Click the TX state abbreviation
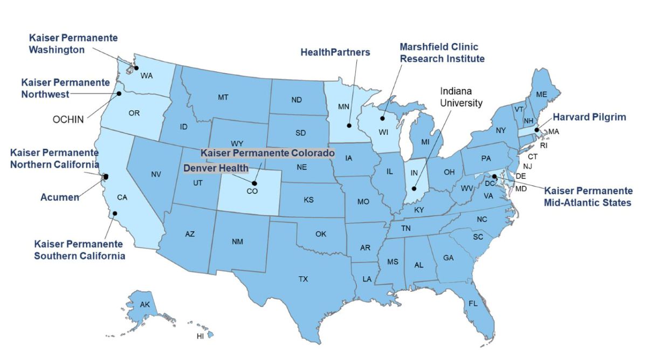pos(304,279)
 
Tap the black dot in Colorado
pos(254,183)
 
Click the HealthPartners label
pos(335,52)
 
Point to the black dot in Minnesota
pos(349,126)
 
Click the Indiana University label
pos(461,97)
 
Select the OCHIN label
pos(68,119)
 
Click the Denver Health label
pos(216,168)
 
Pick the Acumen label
pos(60,197)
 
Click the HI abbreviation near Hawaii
pos(200,336)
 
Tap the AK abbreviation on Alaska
pos(144,305)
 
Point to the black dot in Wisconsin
pos(383,119)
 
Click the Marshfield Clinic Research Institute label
pos(442,53)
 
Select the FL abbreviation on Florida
pos(473,304)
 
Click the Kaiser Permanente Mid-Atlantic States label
pos(588,197)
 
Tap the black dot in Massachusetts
pos(536,130)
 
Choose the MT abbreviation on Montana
pos(223,98)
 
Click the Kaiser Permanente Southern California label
pos(79,250)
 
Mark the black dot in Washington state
pos(136,68)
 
